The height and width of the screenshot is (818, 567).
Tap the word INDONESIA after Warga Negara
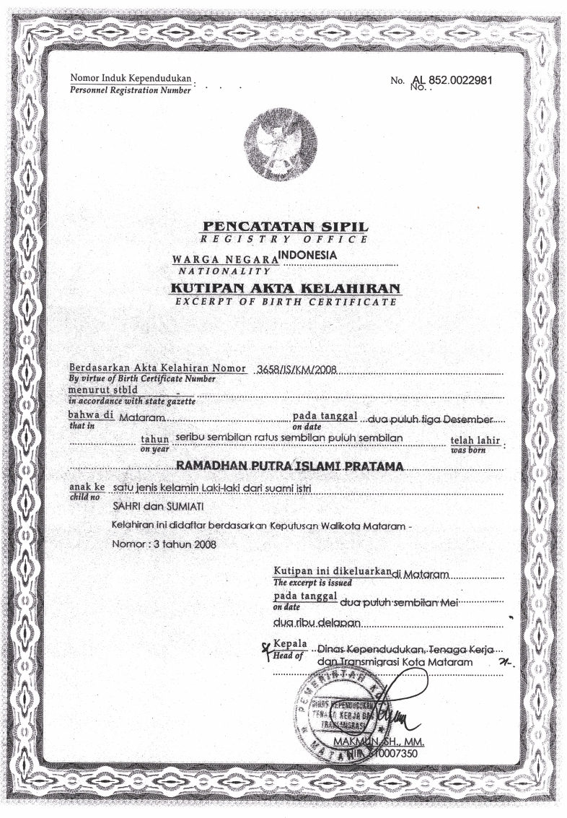308,254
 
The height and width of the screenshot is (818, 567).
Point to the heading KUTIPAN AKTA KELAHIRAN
285,289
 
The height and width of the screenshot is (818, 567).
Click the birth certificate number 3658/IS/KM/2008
294,370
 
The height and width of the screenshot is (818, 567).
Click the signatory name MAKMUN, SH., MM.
379,741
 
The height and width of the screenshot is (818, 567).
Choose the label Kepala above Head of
291,643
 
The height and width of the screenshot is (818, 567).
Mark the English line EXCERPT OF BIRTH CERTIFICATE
286,302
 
